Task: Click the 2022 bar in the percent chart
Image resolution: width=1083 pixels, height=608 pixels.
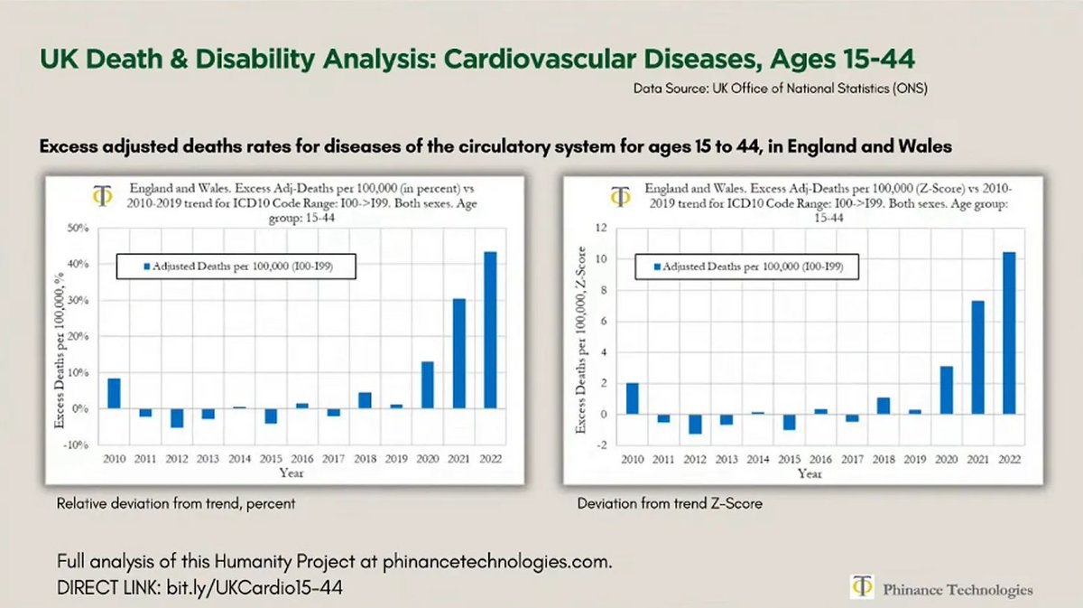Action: (490, 330)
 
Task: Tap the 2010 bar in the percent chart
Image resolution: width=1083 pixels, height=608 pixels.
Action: (115, 393)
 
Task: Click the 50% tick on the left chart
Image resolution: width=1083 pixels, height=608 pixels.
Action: (78, 229)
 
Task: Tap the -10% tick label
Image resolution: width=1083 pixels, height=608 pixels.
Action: (77, 445)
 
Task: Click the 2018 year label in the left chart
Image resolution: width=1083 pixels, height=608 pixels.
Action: (365, 459)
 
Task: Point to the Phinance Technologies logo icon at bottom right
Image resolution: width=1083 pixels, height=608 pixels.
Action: (863, 588)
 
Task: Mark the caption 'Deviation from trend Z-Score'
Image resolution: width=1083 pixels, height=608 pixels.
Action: (670, 503)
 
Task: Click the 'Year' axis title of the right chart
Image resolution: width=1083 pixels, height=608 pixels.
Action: (810, 473)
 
